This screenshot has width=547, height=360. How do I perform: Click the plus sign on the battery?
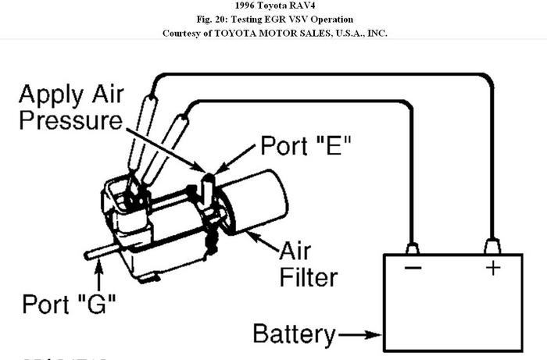tap(493, 267)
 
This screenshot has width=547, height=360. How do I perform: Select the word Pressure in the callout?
tap(71, 121)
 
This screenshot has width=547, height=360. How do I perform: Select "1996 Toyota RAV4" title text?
tap(274, 6)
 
